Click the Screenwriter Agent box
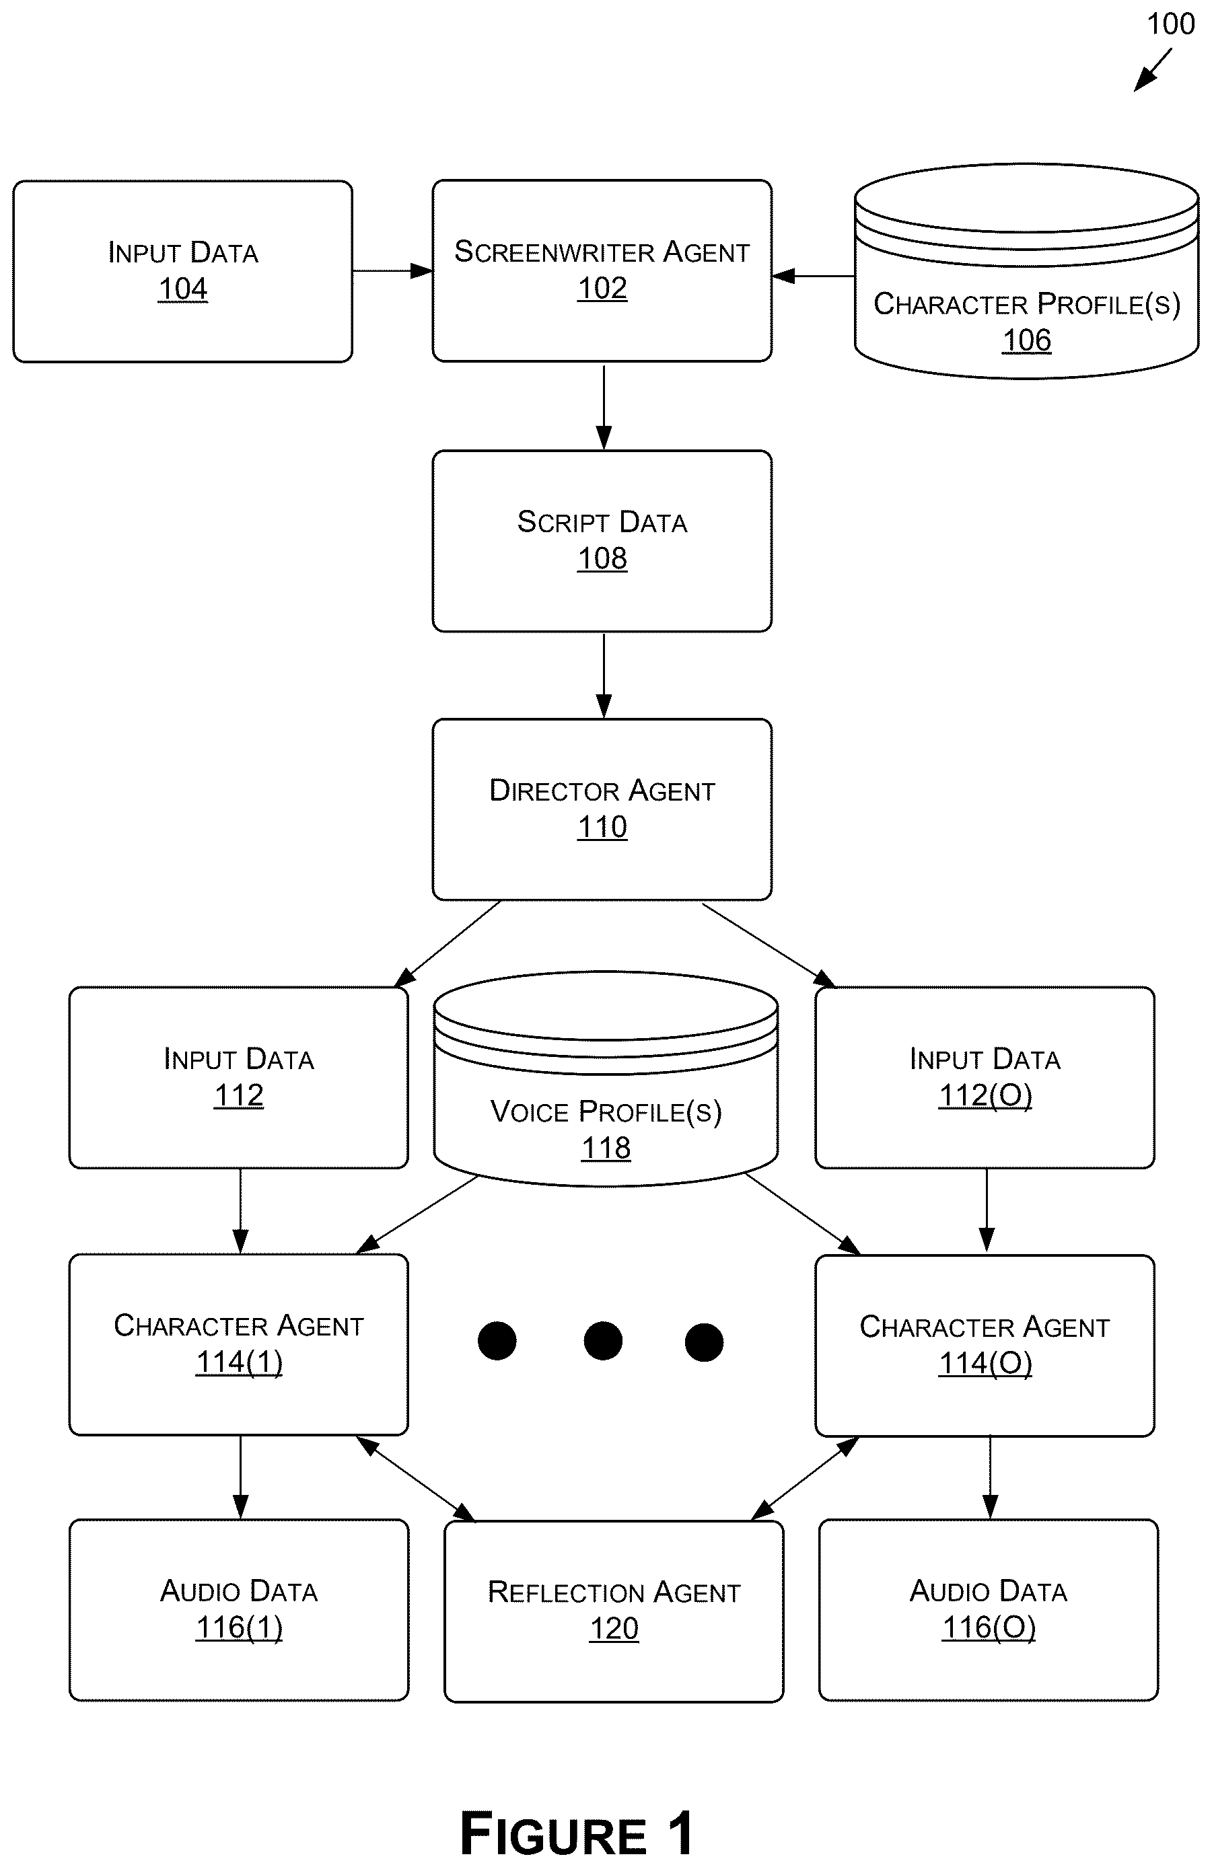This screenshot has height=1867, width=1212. tap(602, 270)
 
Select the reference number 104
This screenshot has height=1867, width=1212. tap(183, 289)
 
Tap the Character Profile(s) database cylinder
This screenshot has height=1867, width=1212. tap(1026, 270)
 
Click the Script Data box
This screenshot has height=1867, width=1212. tap(602, 540)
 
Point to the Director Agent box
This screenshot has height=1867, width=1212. tap(602, 809)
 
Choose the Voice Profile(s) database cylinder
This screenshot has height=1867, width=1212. tap(606, 1078)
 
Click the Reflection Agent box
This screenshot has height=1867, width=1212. tap(614, 1611)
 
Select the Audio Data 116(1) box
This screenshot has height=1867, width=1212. tap(238, 1610)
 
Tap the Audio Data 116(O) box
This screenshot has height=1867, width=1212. tap(989, 1610)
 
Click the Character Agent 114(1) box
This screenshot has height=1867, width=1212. tap(238, 1344)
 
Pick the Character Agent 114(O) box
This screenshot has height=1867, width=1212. tap(985, 1346)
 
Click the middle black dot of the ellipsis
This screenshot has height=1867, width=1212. tap(602, 1341)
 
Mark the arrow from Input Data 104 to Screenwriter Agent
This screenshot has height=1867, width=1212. tap(392, 271)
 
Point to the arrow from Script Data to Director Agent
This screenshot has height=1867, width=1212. tap(603, 675)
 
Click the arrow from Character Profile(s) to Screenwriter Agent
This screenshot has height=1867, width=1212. tap(814, 276)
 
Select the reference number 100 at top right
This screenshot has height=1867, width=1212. tap(1170, 24)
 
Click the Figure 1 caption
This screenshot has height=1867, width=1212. tap(577, 1833)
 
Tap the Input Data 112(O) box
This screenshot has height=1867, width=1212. tap(985, 1077)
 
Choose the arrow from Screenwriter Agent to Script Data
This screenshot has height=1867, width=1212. tap(603, 407)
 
